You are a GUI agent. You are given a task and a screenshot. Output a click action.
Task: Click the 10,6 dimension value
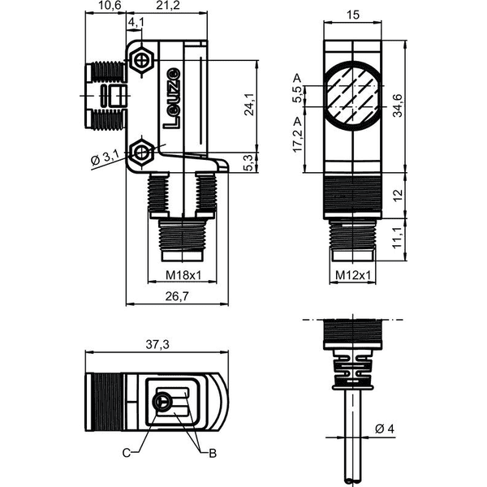106,6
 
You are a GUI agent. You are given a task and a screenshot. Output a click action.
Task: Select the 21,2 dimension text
168,6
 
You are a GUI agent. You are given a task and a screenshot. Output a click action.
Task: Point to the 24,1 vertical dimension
249,105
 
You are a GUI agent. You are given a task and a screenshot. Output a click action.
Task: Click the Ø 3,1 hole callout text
105,159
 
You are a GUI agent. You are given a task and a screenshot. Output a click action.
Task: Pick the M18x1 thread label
183,275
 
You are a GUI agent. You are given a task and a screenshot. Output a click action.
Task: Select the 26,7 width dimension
177,296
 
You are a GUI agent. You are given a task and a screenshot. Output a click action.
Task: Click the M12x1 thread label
353,275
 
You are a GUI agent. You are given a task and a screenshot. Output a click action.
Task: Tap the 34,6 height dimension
398,106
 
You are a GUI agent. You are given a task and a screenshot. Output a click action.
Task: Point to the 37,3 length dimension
158,344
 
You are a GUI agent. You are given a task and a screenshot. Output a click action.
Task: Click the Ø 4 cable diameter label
385,429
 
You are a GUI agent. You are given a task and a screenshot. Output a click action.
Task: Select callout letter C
127,453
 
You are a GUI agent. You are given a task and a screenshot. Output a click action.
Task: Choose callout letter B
213,453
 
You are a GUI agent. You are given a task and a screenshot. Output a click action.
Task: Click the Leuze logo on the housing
171,98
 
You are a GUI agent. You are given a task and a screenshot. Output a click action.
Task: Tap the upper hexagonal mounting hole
142,59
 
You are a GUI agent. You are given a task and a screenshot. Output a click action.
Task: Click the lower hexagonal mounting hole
142,153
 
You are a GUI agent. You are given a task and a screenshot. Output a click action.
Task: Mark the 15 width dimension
353,15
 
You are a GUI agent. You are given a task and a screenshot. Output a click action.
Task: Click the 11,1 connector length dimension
398,237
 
